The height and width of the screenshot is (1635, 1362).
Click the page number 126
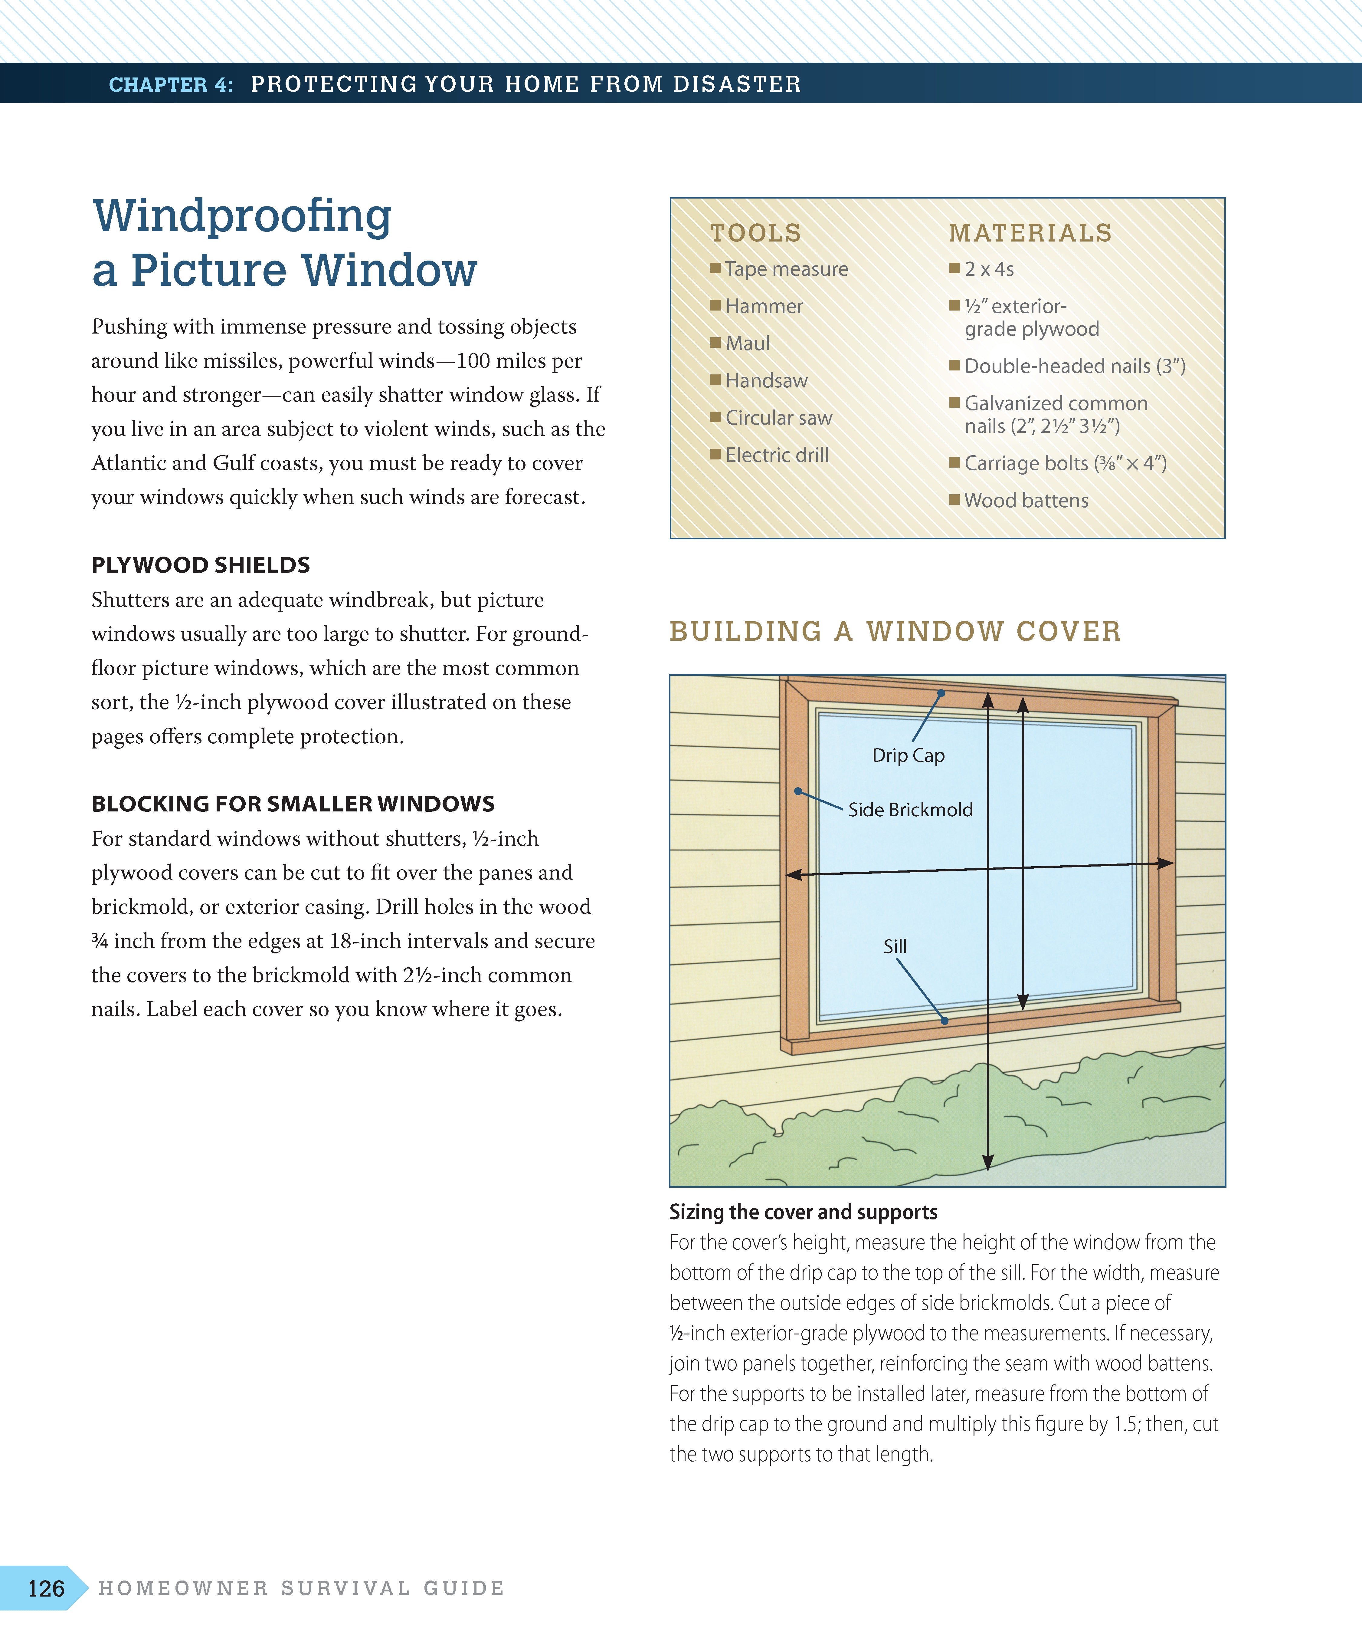point(46,1588)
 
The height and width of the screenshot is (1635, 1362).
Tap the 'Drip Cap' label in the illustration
point(908,755)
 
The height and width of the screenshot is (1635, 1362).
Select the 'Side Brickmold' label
point(910,810)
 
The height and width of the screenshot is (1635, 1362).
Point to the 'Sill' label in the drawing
point(895,946)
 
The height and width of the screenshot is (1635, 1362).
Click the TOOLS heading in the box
point(755,233)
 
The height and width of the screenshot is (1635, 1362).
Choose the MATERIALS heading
point(1030,233)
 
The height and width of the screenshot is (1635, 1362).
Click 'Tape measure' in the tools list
point(786,269)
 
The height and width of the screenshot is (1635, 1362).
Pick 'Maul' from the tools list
point(747,343)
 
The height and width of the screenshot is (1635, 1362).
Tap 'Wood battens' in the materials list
point(1026,501)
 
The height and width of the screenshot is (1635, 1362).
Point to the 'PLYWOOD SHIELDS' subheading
point(201,565)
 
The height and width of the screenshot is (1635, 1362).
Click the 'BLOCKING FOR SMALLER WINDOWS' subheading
point(293,804)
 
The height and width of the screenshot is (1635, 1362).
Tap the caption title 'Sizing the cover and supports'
point(803,1212)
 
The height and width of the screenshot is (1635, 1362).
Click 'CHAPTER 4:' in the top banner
point(170,84)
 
